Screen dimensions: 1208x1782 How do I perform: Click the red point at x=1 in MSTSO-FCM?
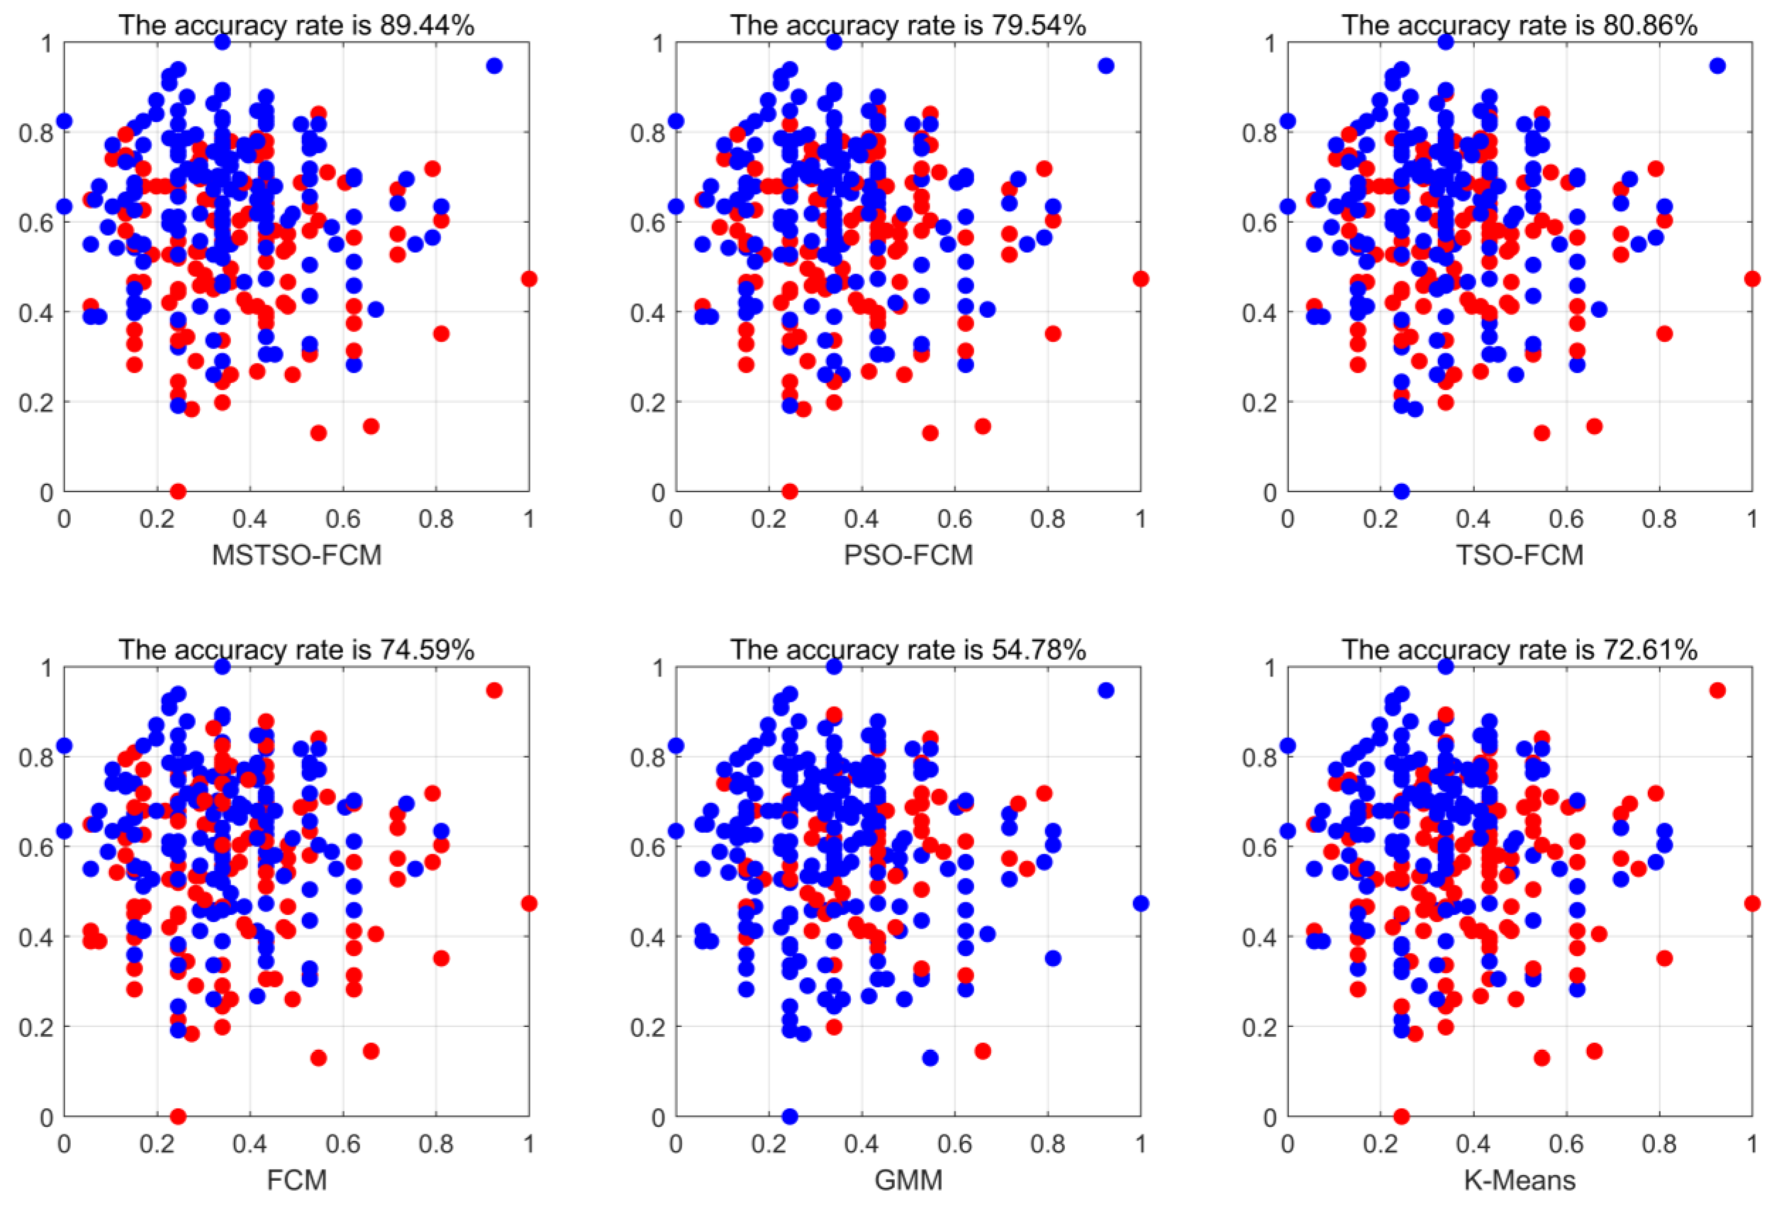(x=528, y=278)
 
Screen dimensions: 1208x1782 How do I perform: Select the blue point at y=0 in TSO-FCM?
(x=1401, y=491)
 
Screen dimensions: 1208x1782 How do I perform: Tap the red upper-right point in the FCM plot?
(x=494, y=690)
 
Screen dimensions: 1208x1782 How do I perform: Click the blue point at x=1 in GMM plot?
(x=1140, y=903)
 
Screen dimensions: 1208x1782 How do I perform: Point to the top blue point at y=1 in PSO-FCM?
(x=833, y=42)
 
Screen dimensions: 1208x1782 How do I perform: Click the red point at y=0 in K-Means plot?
(x=1401, y=1116)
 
